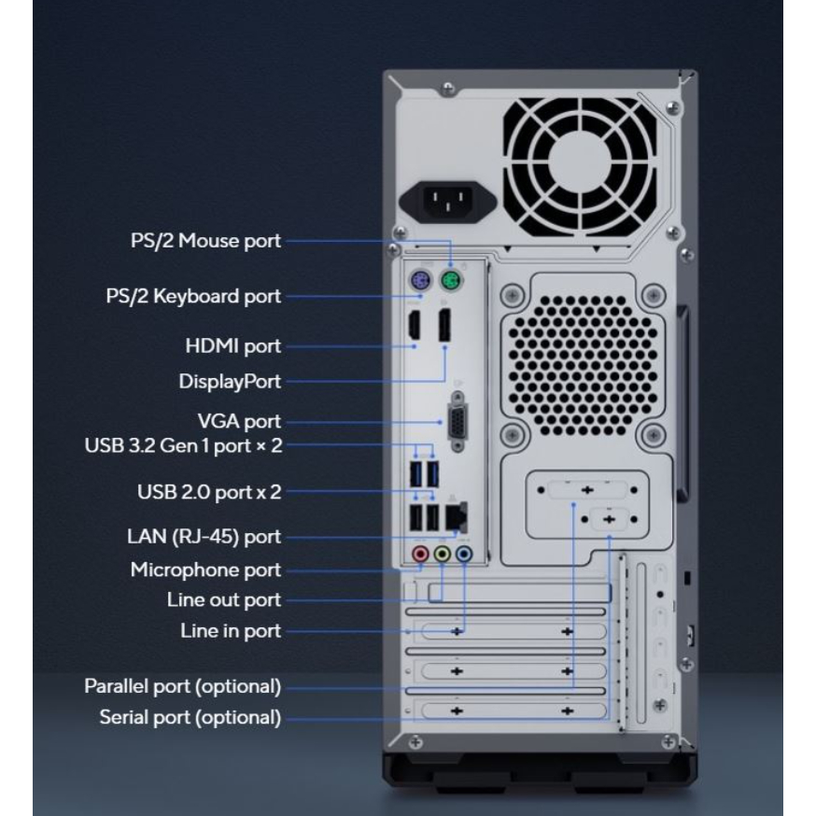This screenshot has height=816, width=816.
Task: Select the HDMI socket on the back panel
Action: point(415,327)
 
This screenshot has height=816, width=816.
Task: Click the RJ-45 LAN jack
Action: point(457,514)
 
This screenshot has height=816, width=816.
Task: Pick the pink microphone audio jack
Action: point(421,554)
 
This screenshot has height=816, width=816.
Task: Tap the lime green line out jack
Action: point(443,554)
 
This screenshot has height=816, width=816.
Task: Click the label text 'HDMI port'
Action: point(233,346)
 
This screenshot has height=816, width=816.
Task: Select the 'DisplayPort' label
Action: point(230,382)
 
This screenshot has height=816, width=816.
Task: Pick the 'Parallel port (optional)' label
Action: point(183,686)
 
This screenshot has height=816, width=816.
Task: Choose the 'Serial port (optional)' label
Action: point(190,718)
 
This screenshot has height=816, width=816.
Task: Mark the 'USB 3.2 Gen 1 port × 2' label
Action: point(183,445)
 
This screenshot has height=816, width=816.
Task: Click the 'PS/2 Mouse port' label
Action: point(204,242)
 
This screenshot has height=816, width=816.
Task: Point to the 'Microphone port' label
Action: point(205,570)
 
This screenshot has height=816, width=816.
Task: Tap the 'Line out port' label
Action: point(218,599)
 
